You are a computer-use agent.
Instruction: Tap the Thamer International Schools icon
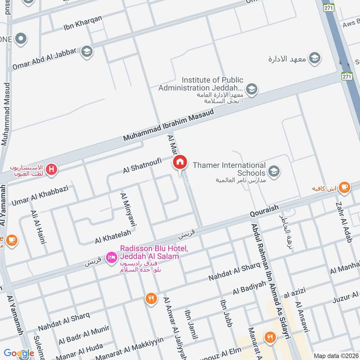273,171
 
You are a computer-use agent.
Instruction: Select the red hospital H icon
52,170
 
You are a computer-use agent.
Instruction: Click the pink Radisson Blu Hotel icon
111,257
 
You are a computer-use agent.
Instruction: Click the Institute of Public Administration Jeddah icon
252,89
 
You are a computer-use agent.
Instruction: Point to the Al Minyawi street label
128,209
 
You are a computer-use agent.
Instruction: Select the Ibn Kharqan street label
83,22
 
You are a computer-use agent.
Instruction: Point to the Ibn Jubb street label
226,313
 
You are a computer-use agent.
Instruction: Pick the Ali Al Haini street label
39,227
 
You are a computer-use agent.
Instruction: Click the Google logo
19,354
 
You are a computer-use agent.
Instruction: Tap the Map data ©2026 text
336,355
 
